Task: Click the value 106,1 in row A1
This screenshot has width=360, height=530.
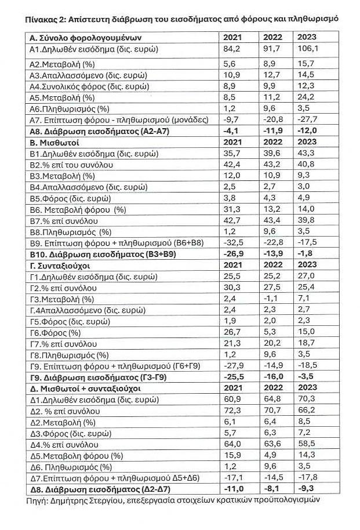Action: pos(307,50)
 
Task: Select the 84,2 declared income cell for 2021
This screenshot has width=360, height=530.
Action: pos(232,50)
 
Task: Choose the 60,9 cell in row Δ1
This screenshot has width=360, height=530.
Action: pos(232,399)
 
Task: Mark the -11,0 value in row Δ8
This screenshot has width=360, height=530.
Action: pos(233,488)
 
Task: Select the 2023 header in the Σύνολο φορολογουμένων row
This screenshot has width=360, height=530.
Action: pos(307,38)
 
